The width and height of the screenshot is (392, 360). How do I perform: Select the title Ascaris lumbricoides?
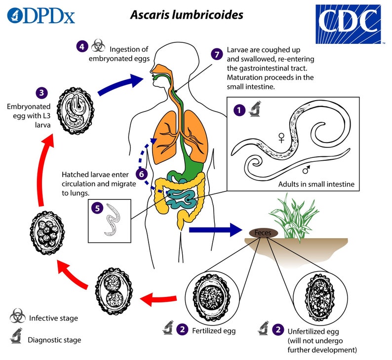[x=186, y=15]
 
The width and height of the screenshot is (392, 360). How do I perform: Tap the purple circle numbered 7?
[x=216, y=54]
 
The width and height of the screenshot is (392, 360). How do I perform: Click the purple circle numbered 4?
[x=82, y=47]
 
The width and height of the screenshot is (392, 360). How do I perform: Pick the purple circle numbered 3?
[x=42, y=92]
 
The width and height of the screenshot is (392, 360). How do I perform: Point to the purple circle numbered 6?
[x=141, y=173]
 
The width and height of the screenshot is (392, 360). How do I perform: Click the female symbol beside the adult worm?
[x=282, y=139]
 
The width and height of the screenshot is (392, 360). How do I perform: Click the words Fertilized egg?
[x=214, y=330]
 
